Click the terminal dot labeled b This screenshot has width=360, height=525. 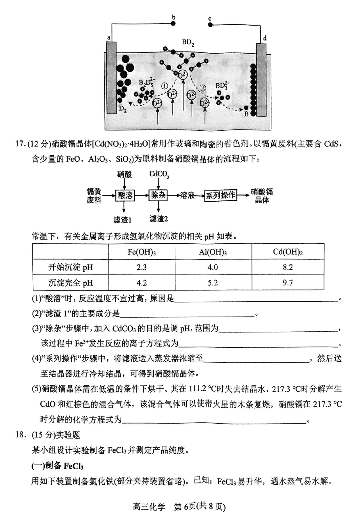click(173, 24)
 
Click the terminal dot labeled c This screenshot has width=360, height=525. click(210, 24)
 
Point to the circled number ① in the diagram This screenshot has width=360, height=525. click(164, 86)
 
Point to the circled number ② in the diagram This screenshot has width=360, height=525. click(203, 88)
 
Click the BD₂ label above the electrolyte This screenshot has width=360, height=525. click(188, 42)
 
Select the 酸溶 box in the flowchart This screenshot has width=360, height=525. click(124, 195)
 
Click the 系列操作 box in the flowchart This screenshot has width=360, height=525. click(220, 195)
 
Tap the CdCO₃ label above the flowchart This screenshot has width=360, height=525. click(159, 174)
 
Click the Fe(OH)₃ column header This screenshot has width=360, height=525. click(142, 252)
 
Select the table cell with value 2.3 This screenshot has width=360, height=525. click(142, 267)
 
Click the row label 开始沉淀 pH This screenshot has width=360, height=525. click(70, 267)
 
